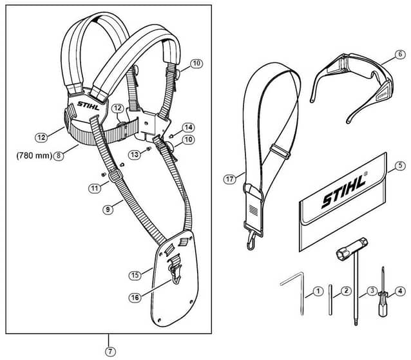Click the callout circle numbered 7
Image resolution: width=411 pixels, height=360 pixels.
(110, 352)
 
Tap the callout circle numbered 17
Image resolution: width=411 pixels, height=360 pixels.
(229, 179)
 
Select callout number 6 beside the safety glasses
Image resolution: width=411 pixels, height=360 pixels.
(400, 55)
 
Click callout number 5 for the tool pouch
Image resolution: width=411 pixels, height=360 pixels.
(400, 166)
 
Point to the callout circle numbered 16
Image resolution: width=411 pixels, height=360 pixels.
(135, 298)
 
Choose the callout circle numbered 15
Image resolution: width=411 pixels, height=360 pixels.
(135, 275)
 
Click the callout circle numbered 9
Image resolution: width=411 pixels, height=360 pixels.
(108, 209)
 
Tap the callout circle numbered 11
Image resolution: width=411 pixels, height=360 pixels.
(95, 188)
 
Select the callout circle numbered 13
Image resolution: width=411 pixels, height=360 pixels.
(135, 155)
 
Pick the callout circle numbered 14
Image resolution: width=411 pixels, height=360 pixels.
(188, 128)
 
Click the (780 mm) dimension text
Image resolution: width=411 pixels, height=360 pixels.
(34, 156)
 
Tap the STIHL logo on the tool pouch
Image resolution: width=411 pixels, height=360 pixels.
(344, 190)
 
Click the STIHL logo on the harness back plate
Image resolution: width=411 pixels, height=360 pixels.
(89, 106)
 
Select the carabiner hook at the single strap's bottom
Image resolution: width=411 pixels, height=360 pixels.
(251, 240)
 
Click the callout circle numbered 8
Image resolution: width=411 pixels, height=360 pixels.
(59, 156)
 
